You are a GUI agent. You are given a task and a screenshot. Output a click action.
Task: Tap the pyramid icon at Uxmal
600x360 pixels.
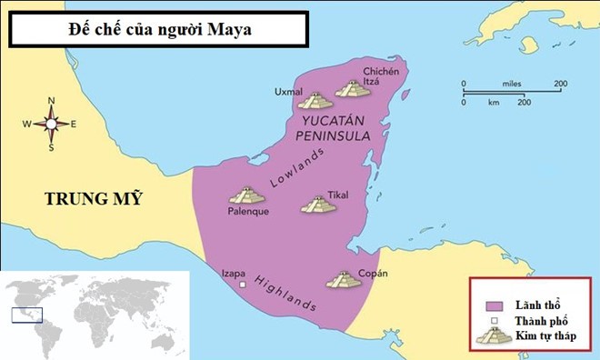point(315,101)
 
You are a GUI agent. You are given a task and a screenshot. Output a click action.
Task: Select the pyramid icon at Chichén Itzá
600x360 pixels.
point(352,89)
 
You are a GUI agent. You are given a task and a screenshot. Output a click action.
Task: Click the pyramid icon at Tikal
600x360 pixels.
point(318,205)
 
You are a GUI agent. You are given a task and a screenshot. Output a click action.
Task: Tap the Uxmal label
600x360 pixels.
point(289,92)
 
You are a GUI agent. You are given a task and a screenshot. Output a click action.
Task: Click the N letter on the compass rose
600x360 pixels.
point(51,100)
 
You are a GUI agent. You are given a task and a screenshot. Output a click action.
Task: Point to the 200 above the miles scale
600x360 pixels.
point(560,84)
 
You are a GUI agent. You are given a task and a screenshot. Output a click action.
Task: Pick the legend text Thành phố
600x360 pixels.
point(541,321)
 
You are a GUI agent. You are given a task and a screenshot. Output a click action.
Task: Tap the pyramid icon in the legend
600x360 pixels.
point(495,335)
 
